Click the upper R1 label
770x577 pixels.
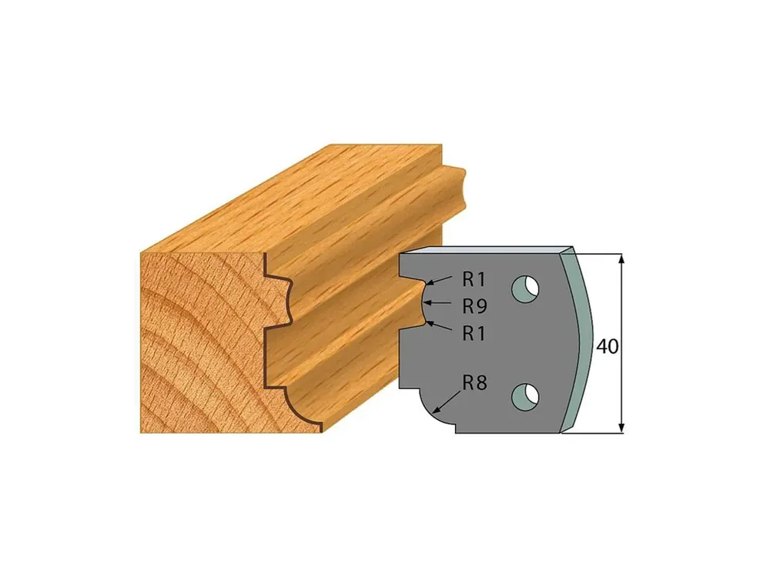474,280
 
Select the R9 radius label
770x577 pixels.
474,307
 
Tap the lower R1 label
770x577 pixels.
474,334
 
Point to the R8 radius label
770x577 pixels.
474,382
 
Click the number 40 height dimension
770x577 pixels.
608,347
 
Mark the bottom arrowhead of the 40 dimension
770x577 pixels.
621,427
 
